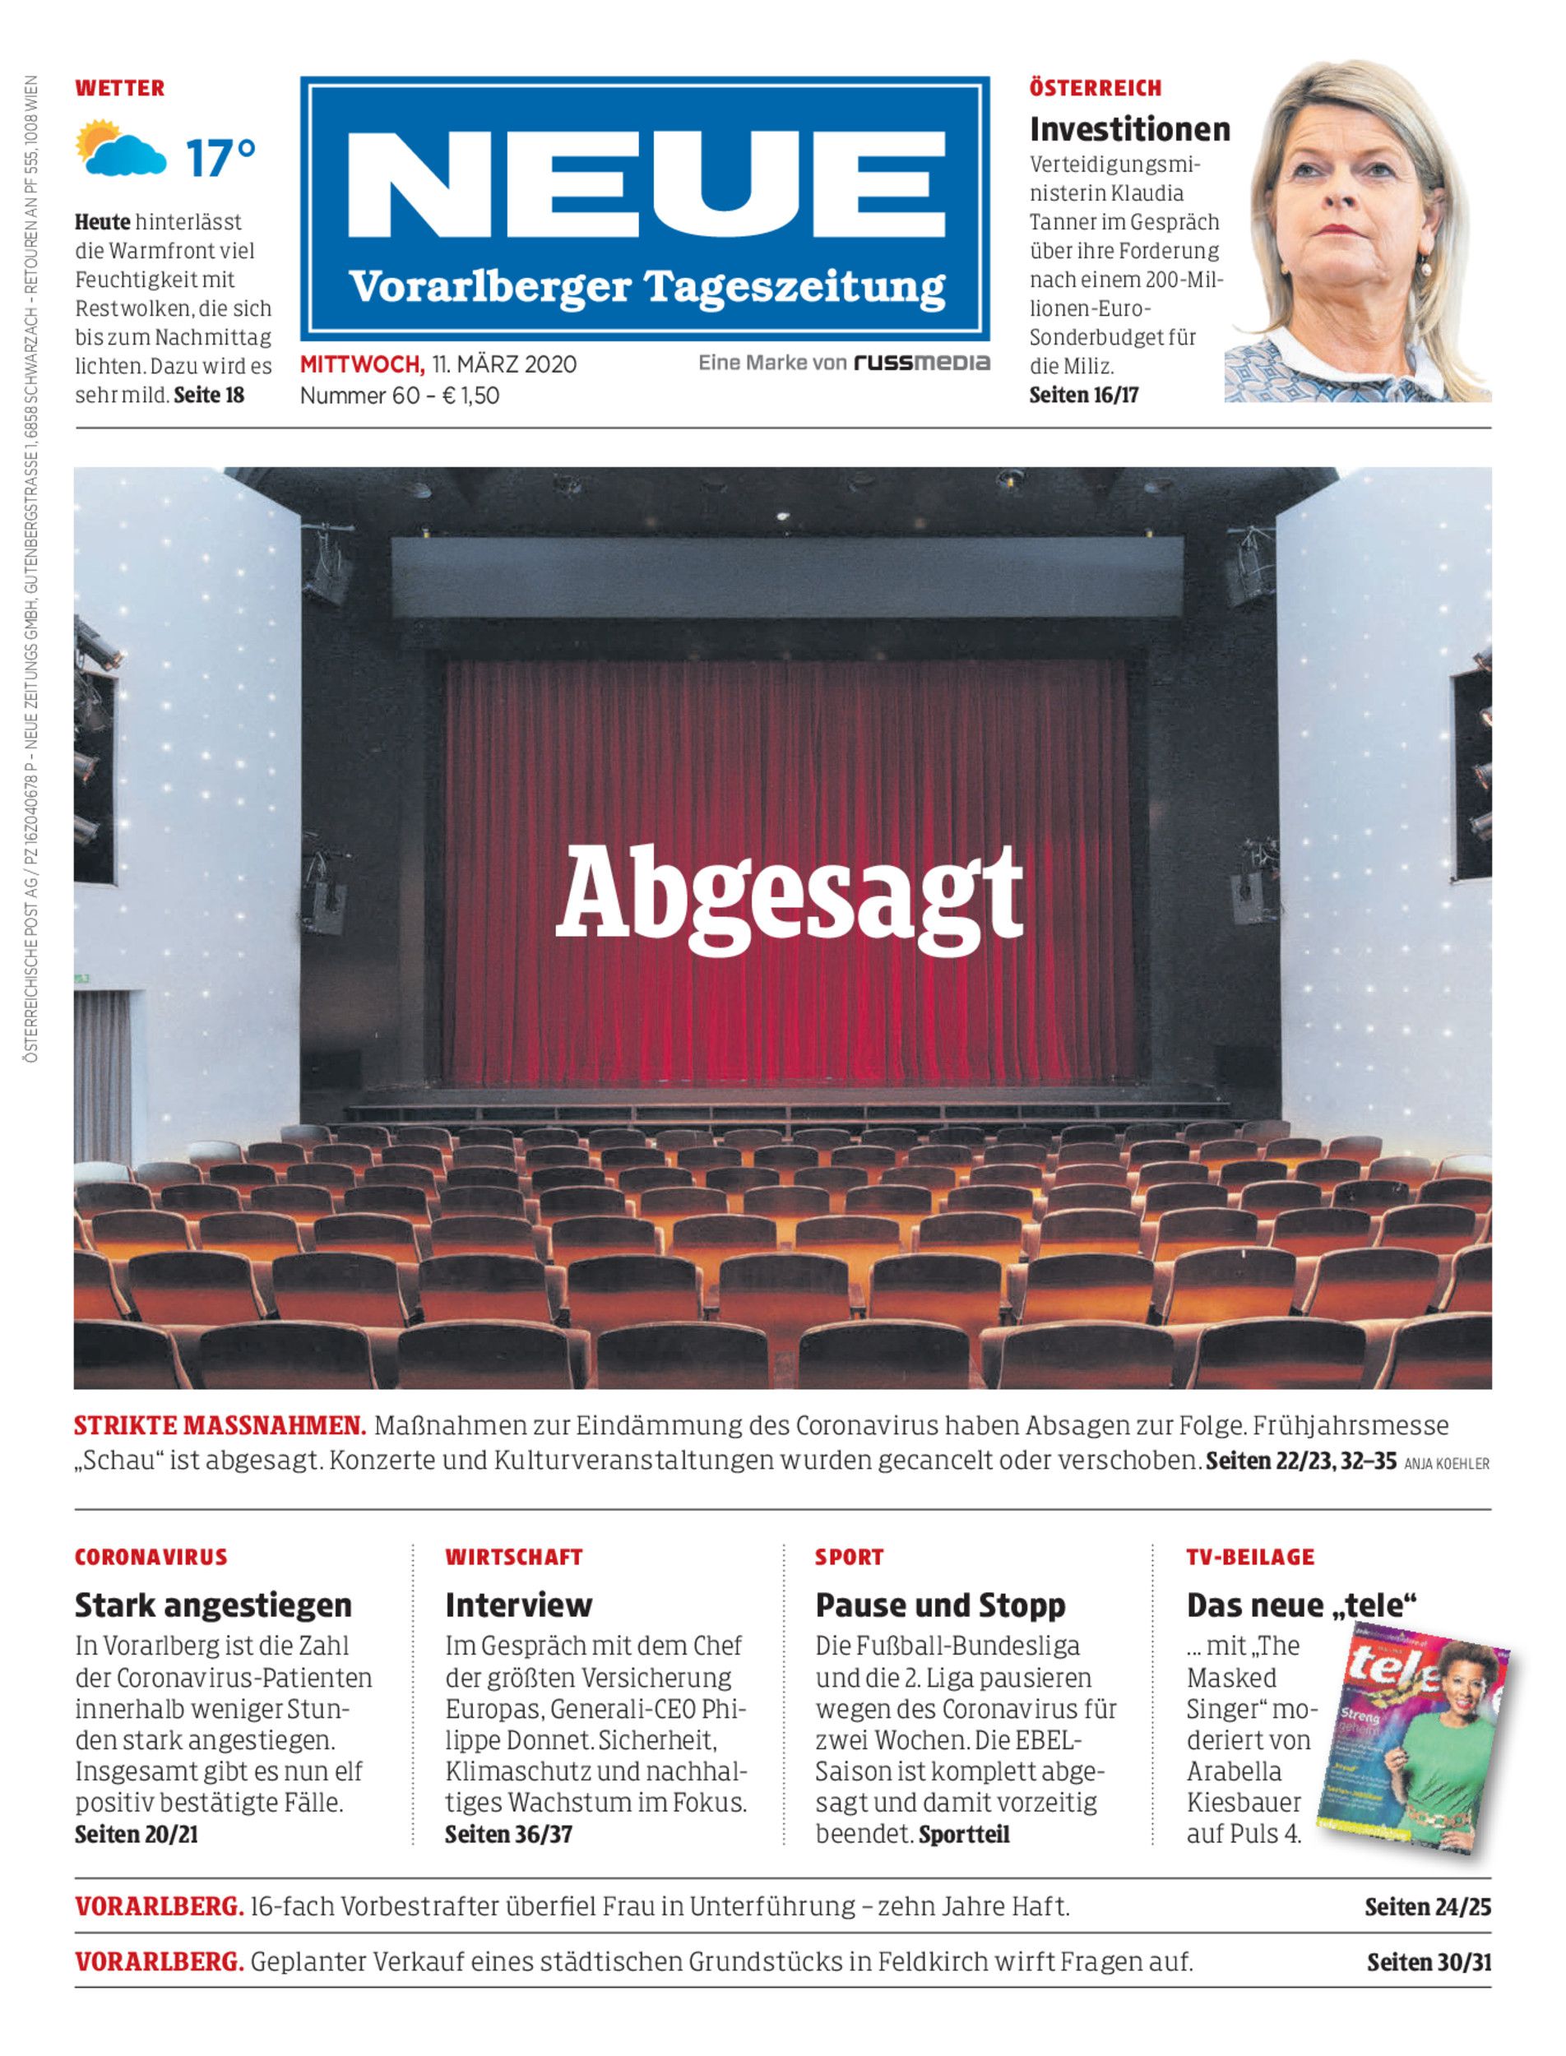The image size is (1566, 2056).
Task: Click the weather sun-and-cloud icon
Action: coord(121,149)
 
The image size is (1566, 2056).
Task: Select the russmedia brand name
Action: coord(922,363)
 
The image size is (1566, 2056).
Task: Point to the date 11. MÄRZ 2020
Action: coord(503,364)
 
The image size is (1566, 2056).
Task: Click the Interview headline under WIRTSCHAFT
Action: coord(518,1605)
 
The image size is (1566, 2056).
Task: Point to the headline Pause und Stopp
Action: coord(939,1605)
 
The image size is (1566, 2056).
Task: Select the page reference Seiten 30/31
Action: coord(1429,1962)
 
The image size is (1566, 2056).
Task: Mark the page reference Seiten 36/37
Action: coord(508,1834)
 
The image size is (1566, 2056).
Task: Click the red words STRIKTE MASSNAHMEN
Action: coord(219,1426)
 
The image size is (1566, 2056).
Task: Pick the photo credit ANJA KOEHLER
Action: coord(1446,1464)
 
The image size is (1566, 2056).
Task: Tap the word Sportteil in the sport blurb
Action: coord(964,1834)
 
